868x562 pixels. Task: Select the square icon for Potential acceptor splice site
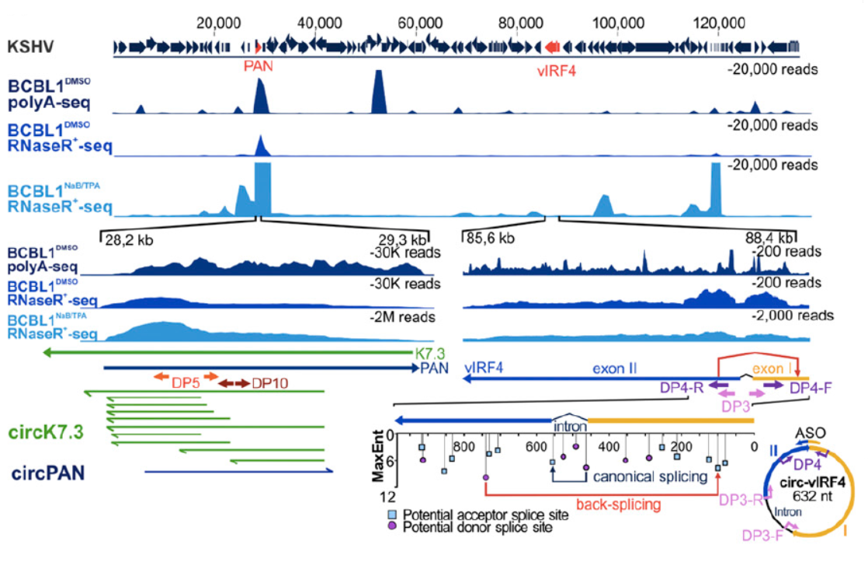tap(393, 515)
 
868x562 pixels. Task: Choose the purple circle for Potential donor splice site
tap(393, 527)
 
